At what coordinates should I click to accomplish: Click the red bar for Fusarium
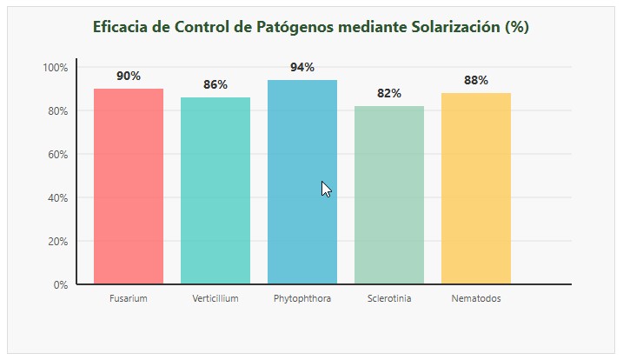129,186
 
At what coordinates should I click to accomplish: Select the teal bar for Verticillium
215,190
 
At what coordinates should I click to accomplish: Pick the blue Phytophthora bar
302,182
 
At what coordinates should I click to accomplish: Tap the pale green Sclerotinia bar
389,195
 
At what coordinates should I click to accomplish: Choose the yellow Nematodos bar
476,188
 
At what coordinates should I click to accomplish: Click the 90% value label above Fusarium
129,76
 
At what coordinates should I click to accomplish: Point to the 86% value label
215,84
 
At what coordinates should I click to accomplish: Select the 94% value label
302,67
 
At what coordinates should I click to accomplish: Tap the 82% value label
389,93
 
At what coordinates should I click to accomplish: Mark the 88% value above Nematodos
476,80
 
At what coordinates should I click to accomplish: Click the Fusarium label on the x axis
129,299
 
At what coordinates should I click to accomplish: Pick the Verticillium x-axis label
215,299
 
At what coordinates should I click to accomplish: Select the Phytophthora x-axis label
302,299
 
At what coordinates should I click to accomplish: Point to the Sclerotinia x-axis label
389,299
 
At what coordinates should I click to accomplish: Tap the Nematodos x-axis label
476,299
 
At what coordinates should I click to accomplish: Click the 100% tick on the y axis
55,67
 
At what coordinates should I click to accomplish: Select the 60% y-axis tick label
57,154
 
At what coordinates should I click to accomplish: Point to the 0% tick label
60,284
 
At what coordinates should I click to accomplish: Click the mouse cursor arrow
326,189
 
